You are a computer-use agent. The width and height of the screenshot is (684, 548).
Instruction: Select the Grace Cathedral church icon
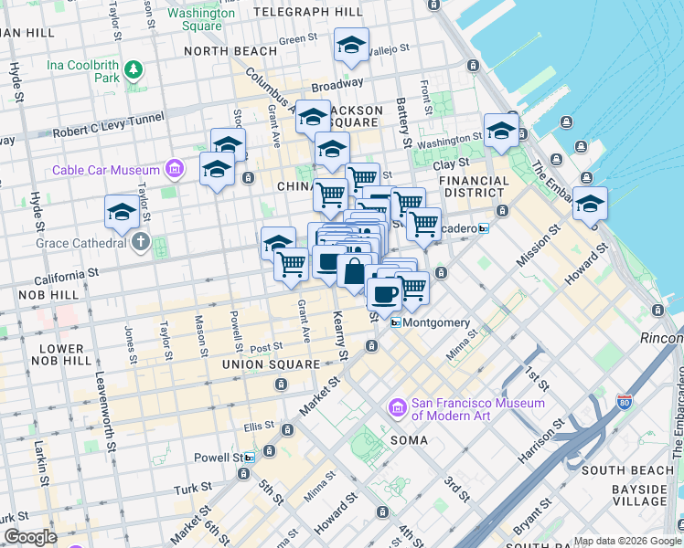pyautogui.click(x=139, y=243)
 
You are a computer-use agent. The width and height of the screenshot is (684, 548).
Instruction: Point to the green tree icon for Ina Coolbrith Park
pyautogui.click(x=134, y=68)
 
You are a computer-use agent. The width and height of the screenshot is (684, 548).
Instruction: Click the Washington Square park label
pyautogui.click(x=201, y=19)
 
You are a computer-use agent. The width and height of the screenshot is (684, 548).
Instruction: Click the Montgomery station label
pyautogui.click(x=435, y=323)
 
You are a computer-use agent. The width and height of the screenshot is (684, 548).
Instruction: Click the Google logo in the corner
pyautogui.click(x=30, y=537)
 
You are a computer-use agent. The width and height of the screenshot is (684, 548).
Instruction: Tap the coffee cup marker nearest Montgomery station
pyautogui.click(x=384, y=294)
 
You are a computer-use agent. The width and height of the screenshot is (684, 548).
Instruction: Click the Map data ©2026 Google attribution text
pyautogui.click(x=626, y=541)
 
